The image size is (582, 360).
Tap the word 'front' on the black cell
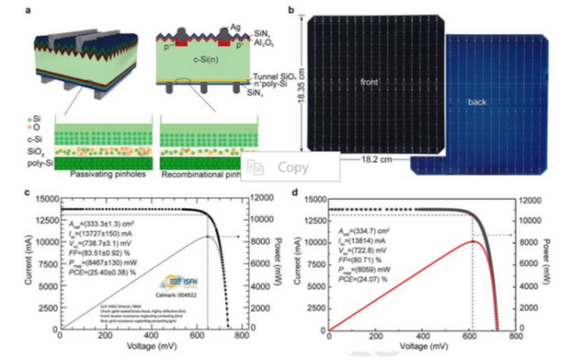(369, 82)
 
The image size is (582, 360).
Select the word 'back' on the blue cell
(476, 102)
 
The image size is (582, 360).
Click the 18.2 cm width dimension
(373, 159)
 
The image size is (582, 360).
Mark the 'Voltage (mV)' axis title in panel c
(151, 346)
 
